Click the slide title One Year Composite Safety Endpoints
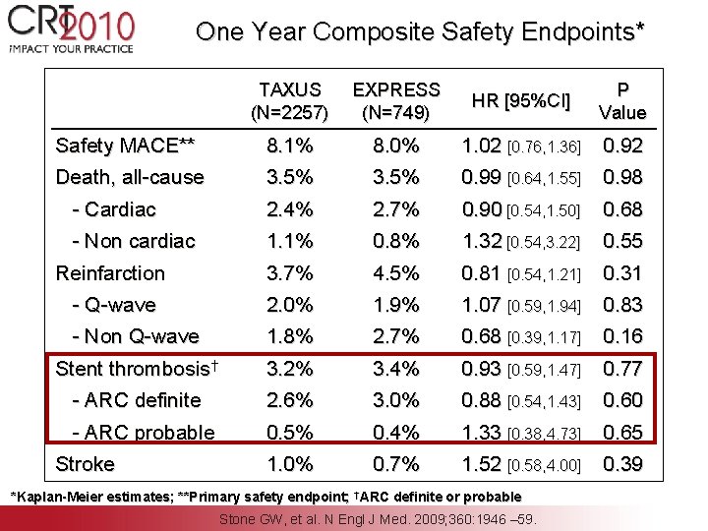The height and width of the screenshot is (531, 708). [421, 31]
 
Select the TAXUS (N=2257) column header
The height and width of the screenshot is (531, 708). [290, 101]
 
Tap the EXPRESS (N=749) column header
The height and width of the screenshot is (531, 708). [396, 101]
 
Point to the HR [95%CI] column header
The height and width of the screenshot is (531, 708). [521, 100]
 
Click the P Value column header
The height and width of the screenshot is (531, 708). [622, 101]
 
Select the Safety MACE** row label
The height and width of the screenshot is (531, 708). [125, 147]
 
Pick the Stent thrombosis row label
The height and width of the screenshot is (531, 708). [128, 369]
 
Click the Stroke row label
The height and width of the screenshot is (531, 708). [86, 464]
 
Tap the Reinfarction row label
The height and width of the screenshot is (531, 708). [110, 273]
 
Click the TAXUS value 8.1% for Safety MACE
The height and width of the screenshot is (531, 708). [290, 147]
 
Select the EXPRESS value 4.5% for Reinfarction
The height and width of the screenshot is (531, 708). [396, 273]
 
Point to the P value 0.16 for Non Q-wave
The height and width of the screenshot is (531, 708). [622, 337]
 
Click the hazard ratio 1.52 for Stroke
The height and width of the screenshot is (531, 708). [483, 464]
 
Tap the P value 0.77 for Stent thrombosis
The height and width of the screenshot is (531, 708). [622, 369]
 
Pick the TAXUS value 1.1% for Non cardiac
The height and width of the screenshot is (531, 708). [290, 241]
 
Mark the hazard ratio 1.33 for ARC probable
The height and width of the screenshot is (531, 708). [483, 433]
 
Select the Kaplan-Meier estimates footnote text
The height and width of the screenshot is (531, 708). [98, 496]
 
